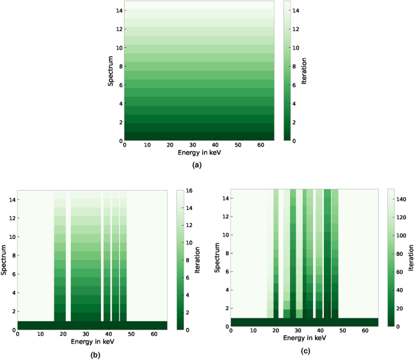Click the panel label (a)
[x=196, y=165]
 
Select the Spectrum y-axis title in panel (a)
[x=111, y=71]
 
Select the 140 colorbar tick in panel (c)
[x=401, y=198]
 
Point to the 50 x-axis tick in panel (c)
[x=342, y=331]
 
